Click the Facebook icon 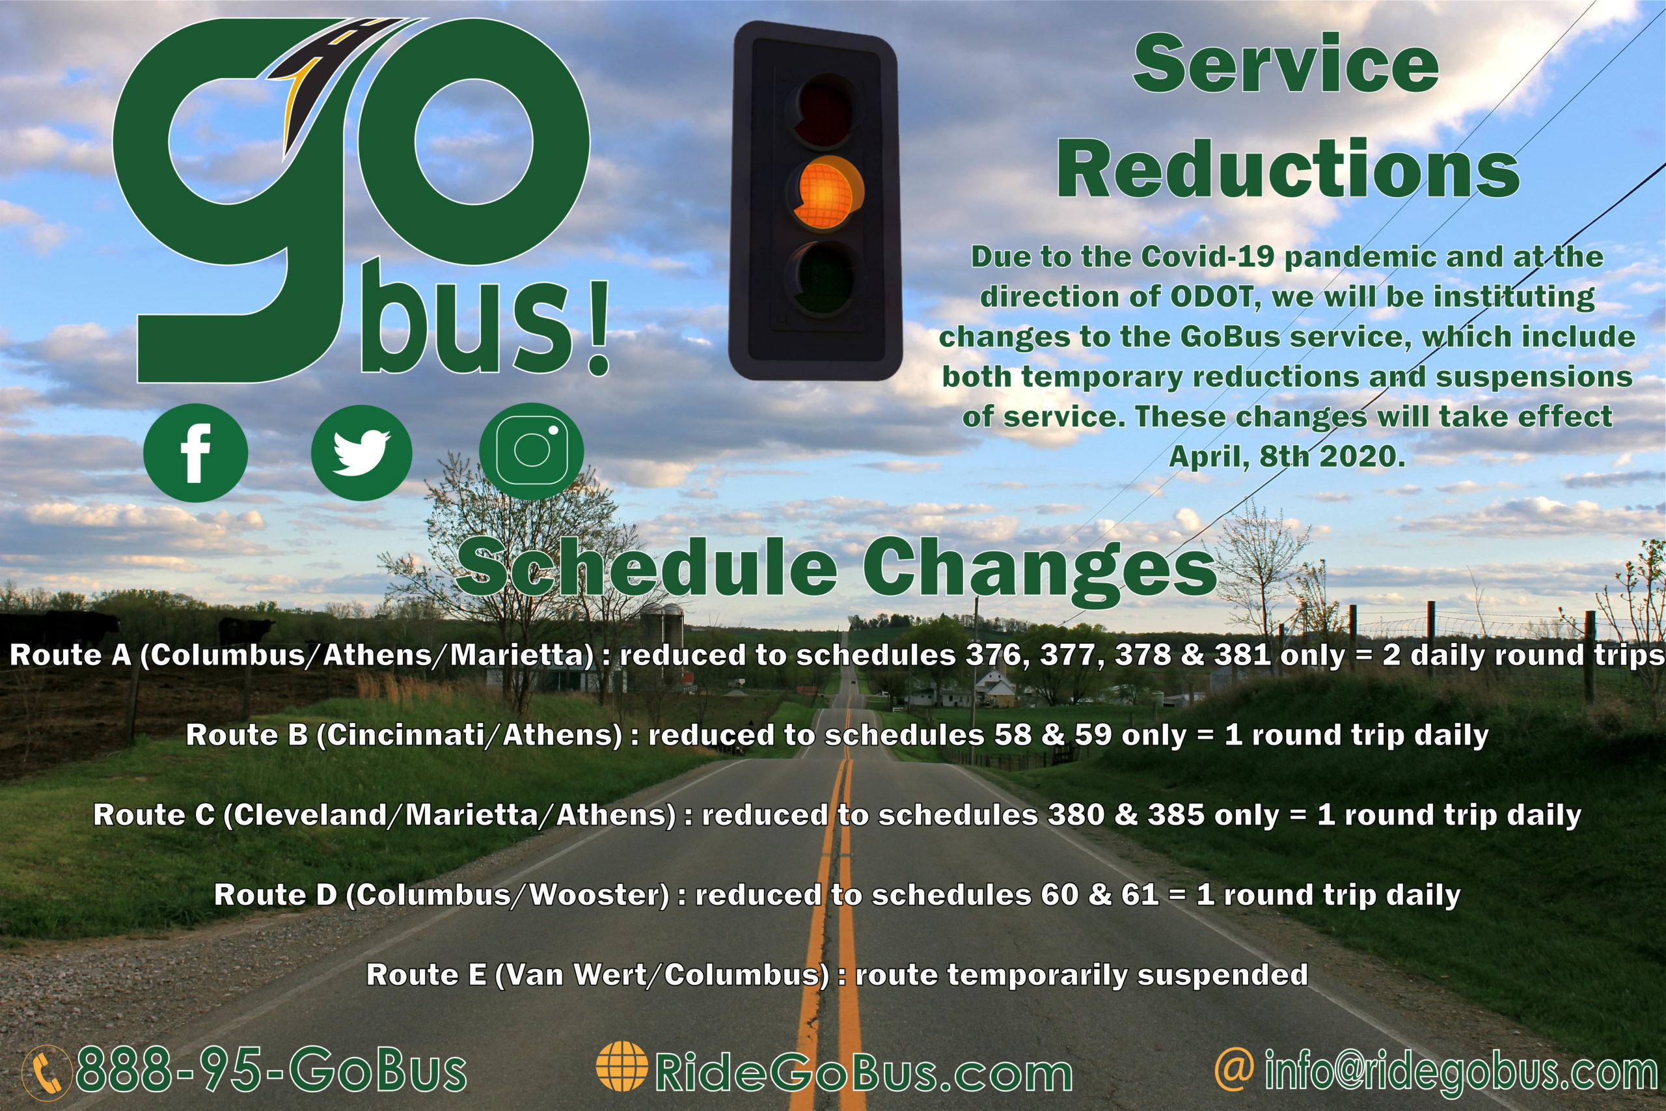[195, 453]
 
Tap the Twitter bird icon [361, 453]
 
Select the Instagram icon [531, 451]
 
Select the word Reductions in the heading [1287, 170]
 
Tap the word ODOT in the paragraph [1211, 297]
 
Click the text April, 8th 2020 [1287, 456]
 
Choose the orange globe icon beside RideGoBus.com [622, 1065]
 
